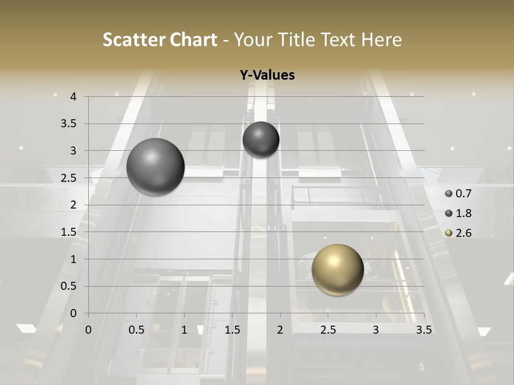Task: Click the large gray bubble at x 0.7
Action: point(155,167)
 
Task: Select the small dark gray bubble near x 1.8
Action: point(261,140)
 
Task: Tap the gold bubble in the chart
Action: point(337,269)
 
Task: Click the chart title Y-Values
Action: point(267,75)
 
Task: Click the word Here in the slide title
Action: point(381,40)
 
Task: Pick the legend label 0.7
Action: point(464,194)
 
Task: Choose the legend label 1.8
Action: point(464,213)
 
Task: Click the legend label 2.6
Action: point(464,233)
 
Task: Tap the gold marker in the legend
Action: point(449,233)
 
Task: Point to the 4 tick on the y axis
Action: point(73,97)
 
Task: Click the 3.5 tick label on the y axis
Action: point(69,124)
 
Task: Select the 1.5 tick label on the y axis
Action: point(69,232)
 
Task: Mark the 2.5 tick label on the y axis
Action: point(69,178)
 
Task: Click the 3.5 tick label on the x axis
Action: point(424,330)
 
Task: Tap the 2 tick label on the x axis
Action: point(280,330)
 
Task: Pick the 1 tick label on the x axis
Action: point(184,330)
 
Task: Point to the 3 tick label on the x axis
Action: point(376,330)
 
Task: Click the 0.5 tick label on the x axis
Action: point(136,330)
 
